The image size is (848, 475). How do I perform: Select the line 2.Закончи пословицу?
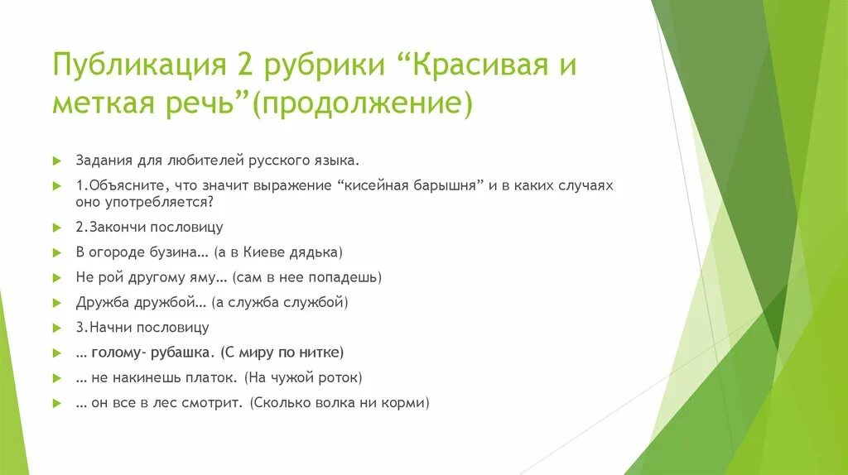click(x=149, y=227)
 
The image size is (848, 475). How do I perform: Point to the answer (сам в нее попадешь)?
click(x=306, y=277)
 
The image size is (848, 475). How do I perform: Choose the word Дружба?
click(x=100, y=302)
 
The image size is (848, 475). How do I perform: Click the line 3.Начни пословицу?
click(x=142, y=327)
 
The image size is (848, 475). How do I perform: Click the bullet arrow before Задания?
click(x=57, y=161)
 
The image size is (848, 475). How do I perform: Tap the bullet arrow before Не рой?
click(x=57, y=278)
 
